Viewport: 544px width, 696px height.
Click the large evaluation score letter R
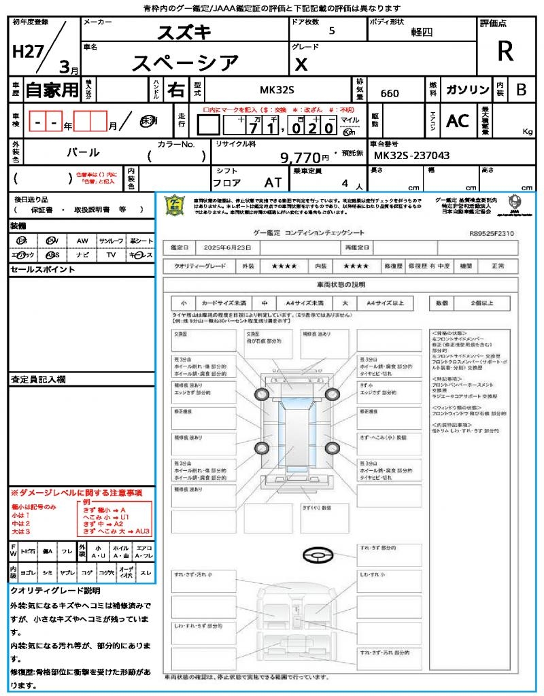click(x=505, y=52)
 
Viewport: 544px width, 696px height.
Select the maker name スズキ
click(x=184, y=32)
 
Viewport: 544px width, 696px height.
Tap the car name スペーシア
click(x=184, y=63)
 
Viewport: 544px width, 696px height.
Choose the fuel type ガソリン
click(x=467, y=90)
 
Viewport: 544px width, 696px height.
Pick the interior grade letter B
click(x=521, y=90)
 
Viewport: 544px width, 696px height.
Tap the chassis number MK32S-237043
click(x=412, y=156)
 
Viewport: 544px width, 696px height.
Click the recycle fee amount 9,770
click(x=300, y=158)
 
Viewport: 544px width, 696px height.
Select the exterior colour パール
click(x=83, y=152)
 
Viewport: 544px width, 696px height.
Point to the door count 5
click(x=331, y=31)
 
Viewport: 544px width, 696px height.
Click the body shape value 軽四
click(x=422, y=32)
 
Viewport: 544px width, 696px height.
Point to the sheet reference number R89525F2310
click(x=491, y=233)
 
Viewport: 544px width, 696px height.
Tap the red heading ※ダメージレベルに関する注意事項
click(x=76, y=492)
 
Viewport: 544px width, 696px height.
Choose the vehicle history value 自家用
click(x=52, y=89)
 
